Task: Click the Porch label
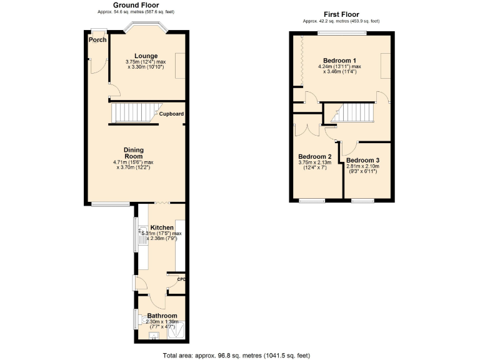coord(97,40)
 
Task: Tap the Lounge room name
coord(146,56)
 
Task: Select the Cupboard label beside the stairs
coord(171,114)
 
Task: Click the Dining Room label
coord(134,153)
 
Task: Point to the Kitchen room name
coord(161,227)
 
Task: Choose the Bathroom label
coord(162,316)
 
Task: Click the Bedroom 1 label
coord(340,60)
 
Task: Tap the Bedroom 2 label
coord(314,157)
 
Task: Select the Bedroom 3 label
coord(362,161)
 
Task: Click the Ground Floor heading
coord(136,5)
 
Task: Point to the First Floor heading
coord(341,14)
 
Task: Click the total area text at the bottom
coord(236,355)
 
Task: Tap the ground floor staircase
coord(135,113)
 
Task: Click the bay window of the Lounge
coord(145,27)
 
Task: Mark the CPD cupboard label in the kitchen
coord(181,279)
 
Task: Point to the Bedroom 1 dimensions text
coord(340,69)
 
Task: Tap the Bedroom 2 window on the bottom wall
coord(311,200)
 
